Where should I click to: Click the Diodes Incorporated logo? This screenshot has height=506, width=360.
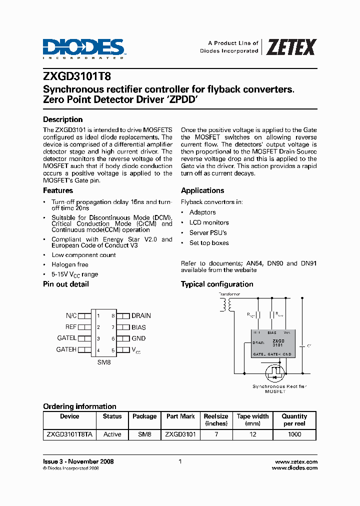[83, 48]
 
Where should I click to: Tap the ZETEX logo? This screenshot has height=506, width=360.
[290, 47]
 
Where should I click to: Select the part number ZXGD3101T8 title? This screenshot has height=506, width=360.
[77, 77]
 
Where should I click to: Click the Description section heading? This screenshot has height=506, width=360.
[62, 119]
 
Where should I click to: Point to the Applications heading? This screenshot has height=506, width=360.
[202, 190]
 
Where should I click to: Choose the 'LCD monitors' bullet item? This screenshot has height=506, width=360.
[209, 222]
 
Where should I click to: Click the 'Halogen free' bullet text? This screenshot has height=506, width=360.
[70, 264]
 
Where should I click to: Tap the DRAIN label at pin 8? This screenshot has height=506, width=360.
[141, 316]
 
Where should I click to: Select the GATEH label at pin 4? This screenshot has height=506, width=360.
[66, 350]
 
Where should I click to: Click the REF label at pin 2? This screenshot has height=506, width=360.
[71, 327]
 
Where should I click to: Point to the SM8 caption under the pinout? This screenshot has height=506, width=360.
[104, 362]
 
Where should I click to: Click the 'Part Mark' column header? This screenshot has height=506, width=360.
[180, 416]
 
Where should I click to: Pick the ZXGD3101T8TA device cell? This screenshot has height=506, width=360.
[69, 434]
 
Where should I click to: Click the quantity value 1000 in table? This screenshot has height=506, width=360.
[294, 434]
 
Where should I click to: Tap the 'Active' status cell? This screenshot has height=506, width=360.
[112, 434]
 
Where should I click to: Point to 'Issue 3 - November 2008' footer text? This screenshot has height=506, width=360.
[78, 461]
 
